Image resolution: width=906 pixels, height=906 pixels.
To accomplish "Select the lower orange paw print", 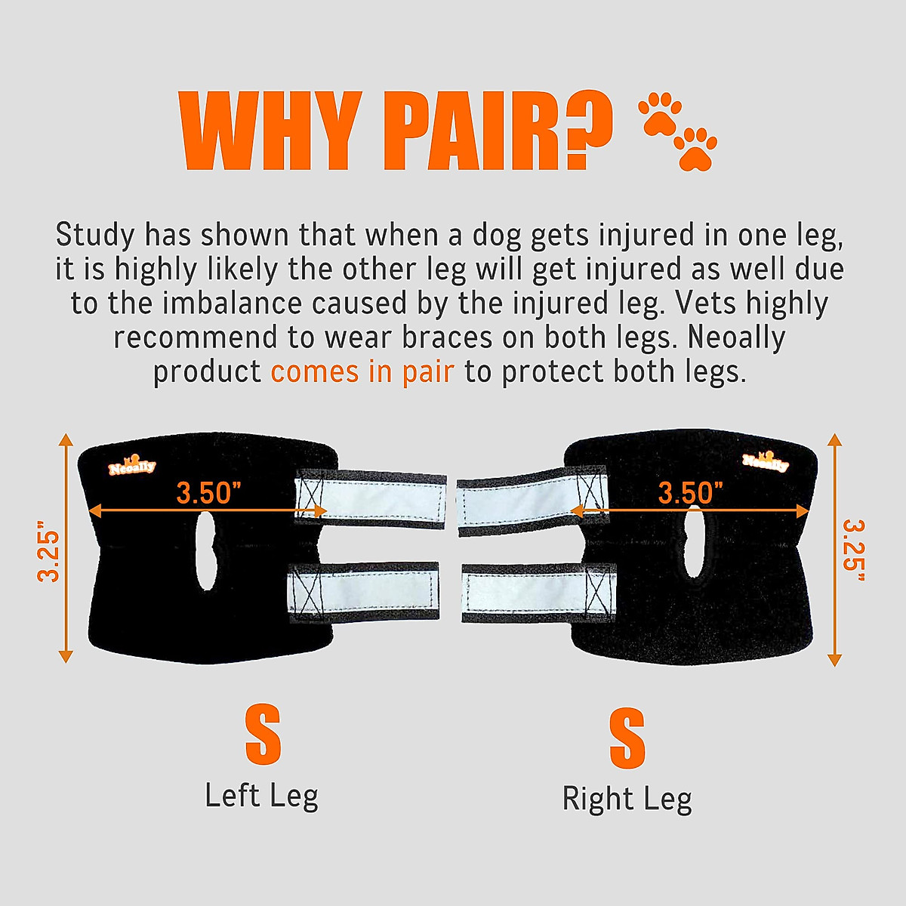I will tap(695, 148).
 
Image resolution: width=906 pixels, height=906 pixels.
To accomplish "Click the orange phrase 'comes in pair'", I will tap(362, 371).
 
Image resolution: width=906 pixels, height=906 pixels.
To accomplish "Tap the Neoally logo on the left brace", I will tap(131, 465).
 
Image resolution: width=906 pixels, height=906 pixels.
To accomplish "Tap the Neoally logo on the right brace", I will tap(765, 461).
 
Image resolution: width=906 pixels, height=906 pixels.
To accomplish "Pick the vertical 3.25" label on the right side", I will tap(853, 550).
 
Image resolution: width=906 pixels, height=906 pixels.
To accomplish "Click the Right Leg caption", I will tap(627, 799).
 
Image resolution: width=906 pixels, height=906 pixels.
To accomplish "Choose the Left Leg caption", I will tap(261, 796).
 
